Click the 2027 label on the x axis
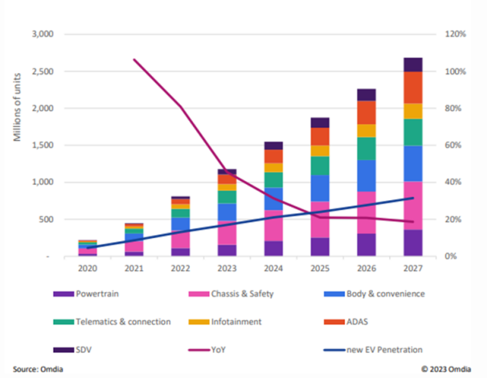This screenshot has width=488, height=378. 412,271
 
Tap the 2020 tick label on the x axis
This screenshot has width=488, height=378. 87,271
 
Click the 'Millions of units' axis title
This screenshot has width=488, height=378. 15,109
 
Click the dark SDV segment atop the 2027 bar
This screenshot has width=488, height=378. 412,64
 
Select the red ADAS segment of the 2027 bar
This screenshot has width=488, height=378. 412,88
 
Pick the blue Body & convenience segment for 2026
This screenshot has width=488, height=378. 367,175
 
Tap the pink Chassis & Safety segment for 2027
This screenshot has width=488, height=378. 412,205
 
